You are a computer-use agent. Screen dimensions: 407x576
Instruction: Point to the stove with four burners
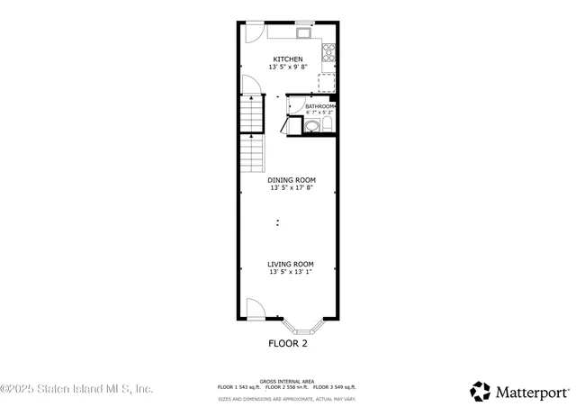tap(330, 51)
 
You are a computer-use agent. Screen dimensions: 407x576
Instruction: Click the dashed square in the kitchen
tap(327, 82)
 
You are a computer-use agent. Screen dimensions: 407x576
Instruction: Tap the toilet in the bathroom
tap(328, 124)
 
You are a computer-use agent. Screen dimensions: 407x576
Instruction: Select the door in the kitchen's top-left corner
tap(251, 32)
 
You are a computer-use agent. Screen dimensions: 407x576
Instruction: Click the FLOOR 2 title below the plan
tap(288, 343)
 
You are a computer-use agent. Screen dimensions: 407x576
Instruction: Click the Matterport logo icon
tap(481, 392)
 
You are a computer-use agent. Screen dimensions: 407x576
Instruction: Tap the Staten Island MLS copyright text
tap(76, 389)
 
